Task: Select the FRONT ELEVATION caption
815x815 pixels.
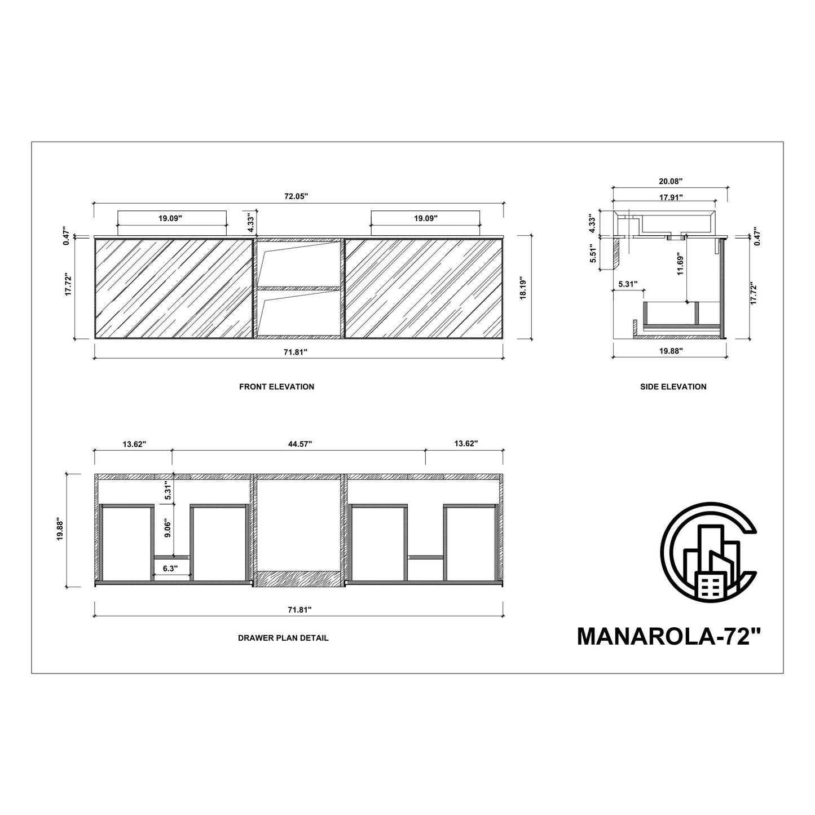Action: click(276, 387)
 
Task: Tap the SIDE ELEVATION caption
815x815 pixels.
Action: click(673, 387)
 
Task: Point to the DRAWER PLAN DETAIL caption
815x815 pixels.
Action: click(283, 638)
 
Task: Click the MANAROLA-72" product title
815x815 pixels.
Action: click(669, 637)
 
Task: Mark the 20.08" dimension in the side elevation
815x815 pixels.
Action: click(671, 182)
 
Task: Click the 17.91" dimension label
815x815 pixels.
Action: click(671, 197)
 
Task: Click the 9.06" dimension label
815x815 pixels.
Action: click(167, 531)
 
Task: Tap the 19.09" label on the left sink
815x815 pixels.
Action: click(170, 218)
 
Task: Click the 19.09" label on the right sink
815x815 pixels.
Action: click(425, 218)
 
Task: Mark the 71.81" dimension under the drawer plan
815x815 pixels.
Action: click(299, 610)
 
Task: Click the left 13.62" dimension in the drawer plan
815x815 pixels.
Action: click(134, 444)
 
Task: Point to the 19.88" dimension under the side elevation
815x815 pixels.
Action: click(671, 351)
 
